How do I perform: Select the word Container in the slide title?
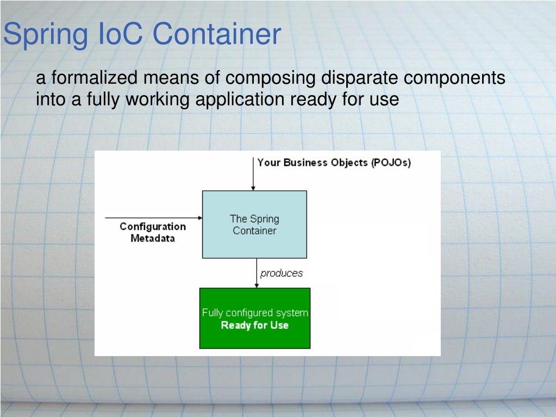pos(216,34)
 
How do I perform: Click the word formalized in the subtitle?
pos(95,78)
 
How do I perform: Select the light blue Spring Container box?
pos(254,224)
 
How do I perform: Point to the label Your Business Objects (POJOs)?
pos(334,163)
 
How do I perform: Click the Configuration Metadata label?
pos(153,232)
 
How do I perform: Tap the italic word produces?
pos(281,273)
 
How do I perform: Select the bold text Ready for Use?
pos(254,326)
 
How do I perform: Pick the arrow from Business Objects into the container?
pos(253,173)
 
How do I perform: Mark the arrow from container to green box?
pos(257,273)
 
